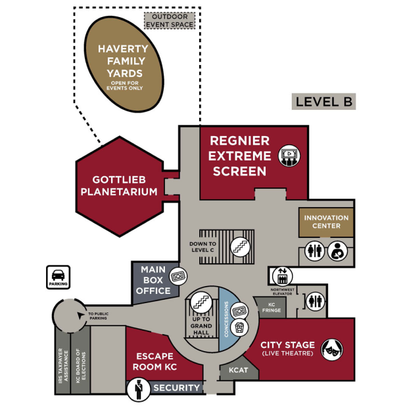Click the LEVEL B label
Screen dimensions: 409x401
[324, 101]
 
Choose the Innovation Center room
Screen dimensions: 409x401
[326, 222]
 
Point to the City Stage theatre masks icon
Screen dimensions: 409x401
[331, 349]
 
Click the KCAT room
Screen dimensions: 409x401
[238, 370]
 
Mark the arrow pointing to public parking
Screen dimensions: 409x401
[81, 315]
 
